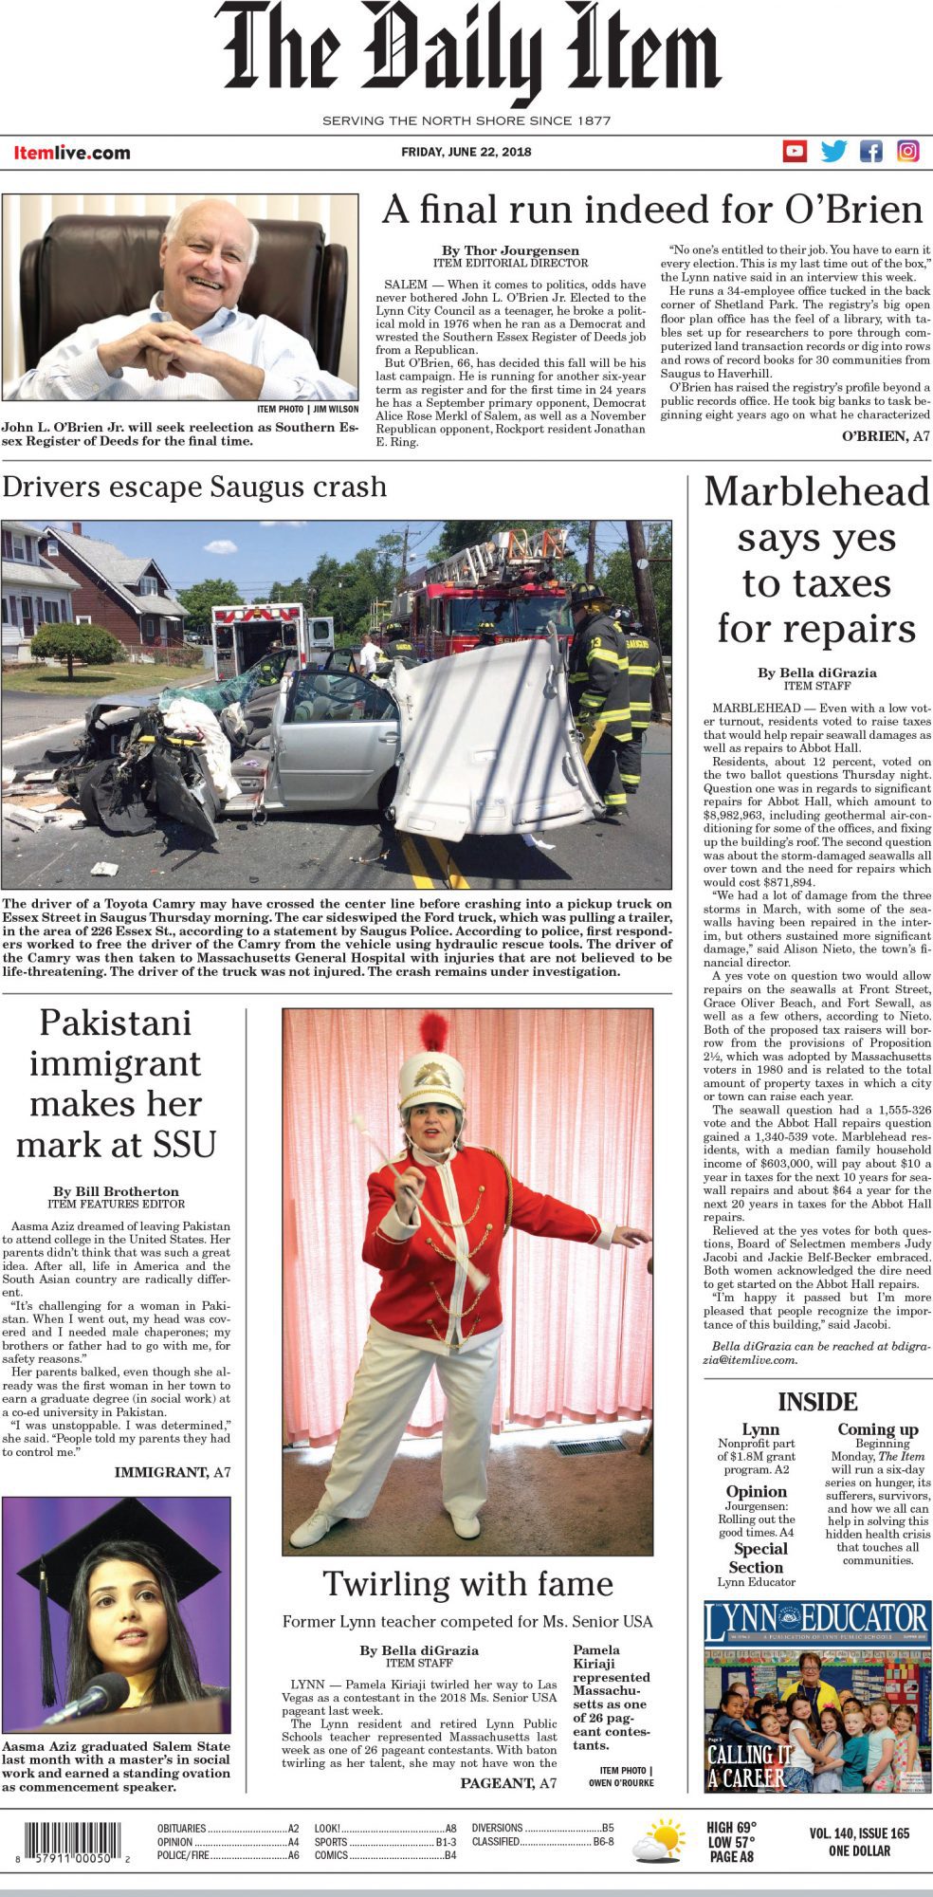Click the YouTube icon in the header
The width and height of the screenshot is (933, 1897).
795,151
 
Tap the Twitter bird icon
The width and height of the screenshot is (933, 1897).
833,151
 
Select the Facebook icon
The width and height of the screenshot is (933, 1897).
870,151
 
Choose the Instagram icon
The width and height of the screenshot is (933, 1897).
907,151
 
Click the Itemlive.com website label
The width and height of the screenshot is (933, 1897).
72,153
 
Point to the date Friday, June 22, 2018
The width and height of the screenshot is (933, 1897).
466,152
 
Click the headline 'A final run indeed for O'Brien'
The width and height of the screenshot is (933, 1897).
652,210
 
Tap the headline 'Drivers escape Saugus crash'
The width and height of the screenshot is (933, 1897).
194,487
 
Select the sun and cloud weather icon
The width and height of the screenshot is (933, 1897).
659,1841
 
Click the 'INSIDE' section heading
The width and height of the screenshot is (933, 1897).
817,1402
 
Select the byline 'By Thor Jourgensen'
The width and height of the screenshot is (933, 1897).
510,250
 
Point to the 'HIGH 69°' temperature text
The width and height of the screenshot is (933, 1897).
731,1828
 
